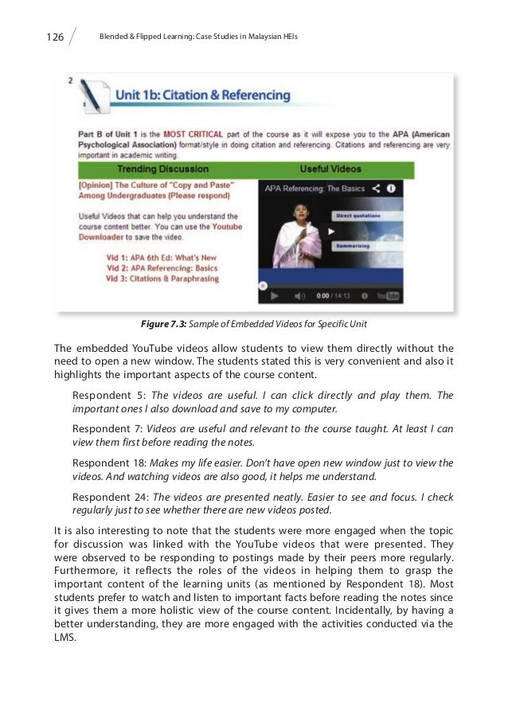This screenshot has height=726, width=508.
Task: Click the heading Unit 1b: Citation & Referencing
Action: point(203,96)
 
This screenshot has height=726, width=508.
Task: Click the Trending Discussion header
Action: point(163,170)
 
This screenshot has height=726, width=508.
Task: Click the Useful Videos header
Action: point(330,170)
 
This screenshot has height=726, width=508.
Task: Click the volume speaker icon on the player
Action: point(299,295)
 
